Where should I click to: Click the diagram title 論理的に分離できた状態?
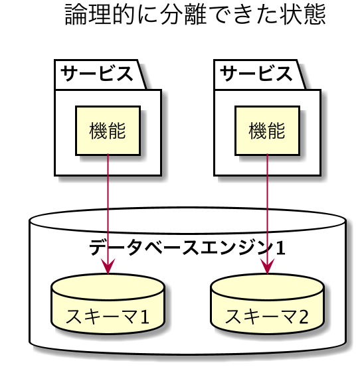[x=195, y=15]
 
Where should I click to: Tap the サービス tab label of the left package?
[x=97, y=74]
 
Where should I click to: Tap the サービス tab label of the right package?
[x=256, y=74]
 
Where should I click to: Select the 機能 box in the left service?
[x=108, y=131]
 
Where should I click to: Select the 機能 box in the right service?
[x=268, y=131]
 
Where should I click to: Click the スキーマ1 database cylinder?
[x=108, y=303]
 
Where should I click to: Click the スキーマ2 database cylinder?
[x=267, y=303]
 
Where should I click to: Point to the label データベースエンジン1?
[x=187, y=248]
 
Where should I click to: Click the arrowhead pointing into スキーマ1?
[x=108, y=266]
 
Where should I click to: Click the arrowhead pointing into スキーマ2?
[x=267, y=266]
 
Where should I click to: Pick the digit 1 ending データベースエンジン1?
[x=281, y=248]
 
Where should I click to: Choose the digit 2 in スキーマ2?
[x=304, y=317]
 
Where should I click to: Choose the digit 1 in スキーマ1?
[x=144, y=317]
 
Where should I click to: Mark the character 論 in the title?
[x=76, y=15]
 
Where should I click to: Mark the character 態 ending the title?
[x=315, y=15]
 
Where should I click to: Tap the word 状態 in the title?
[x=303, y=15]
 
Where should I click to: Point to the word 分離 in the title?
[x=183, y=15]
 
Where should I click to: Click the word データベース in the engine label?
[x=144, y=248]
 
